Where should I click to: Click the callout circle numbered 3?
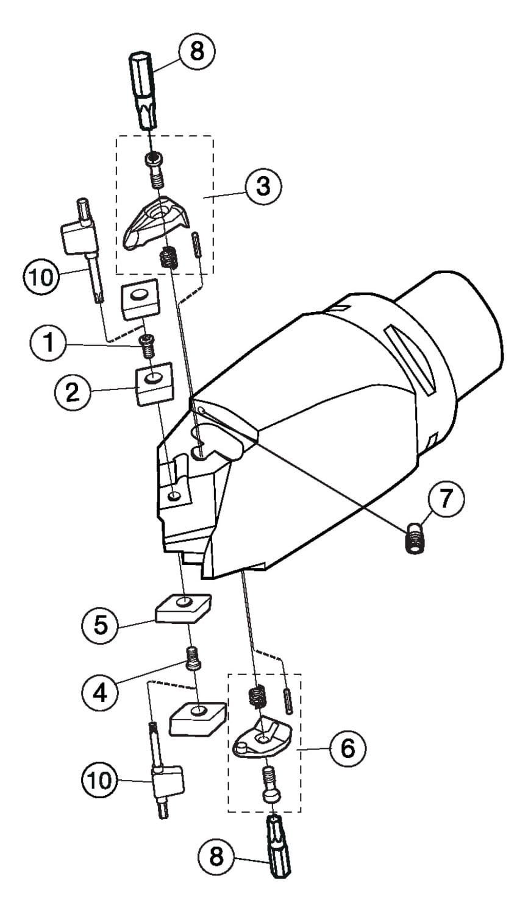(x=263, y=186)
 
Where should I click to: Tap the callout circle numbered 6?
(x=347, y=748)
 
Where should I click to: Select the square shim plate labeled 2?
(x=154, y=384)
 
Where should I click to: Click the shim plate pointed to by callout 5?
(x=182, y=608)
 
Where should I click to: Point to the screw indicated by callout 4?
(x=193, y=658)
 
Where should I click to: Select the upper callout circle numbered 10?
(x=40, y=278)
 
